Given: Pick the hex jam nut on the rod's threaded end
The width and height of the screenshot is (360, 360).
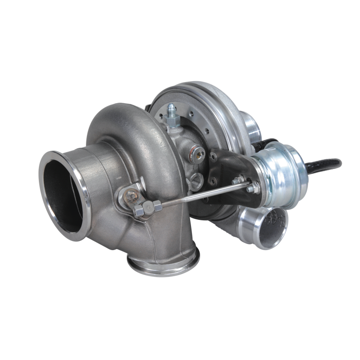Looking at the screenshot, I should [154, 206].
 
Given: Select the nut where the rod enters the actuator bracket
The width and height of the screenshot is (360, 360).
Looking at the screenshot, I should [238, 181].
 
